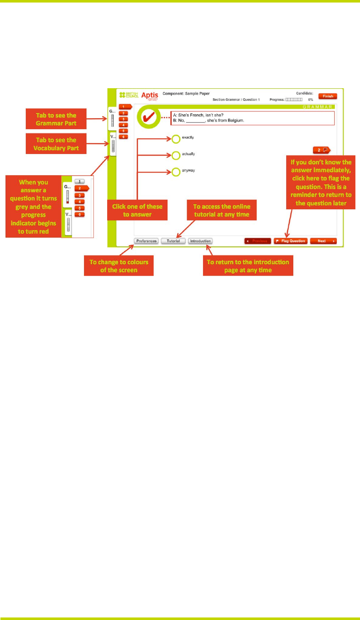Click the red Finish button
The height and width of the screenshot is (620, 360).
click(328, 96)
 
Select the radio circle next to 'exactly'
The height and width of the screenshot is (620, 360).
click(176, 139)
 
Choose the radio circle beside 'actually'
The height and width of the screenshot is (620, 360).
click(176, 156)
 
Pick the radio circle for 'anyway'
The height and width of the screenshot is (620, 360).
click(176, 172)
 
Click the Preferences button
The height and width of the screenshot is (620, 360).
click(146, 241)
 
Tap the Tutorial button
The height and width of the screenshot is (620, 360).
click(173, 241)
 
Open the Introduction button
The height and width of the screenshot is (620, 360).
click(200, 241)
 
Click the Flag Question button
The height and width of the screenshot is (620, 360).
click(290, 241)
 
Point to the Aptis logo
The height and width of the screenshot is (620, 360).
click(150, 96)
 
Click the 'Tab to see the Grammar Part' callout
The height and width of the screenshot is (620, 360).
click(56, 119)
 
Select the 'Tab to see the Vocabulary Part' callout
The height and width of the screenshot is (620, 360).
click(56, 144)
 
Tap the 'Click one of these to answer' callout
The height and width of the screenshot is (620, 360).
click(137, 211)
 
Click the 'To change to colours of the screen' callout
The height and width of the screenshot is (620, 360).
click(119, 266)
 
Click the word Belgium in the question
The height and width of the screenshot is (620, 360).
click(236, 121)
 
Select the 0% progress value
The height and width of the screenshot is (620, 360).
click(311, 100)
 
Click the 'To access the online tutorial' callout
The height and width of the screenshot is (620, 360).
click(222, 211)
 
